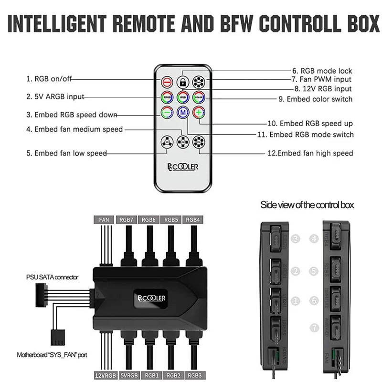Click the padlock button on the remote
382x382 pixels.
point(182,81)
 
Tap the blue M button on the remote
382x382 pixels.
point(182,113)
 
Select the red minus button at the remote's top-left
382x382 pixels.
point(167,81)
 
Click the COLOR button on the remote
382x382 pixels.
point(199,97)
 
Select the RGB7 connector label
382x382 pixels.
point(127,220)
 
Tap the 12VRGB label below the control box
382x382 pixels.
point(105,375)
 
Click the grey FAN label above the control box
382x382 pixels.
point(105,220)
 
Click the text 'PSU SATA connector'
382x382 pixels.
point(52,277)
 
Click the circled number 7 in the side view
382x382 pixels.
point(314,328)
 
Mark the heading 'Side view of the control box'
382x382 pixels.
point(307,205)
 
